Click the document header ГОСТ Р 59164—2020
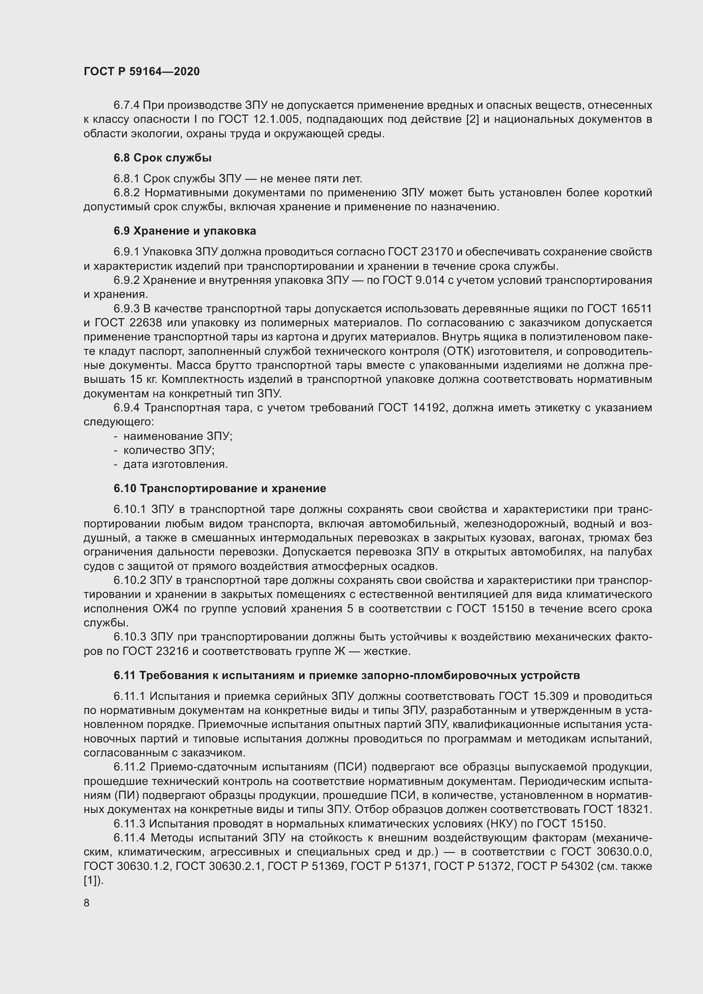click(x=142, y=71)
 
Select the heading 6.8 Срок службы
click(x=162, y=158)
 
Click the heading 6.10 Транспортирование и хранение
click(x=220, y=488)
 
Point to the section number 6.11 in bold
click(x=125, y=675)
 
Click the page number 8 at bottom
click(x=87, y=903)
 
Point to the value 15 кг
click(x=143, y=379)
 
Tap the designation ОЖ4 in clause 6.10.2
click(x=163, y=609)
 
